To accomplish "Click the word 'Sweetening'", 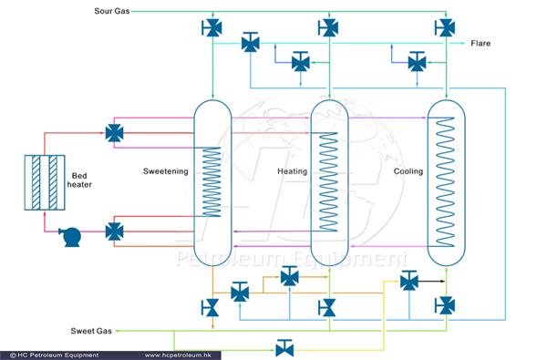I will (x=165, y=170).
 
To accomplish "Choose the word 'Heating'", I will (x=291, y=170).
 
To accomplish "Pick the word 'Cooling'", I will (x=408, y=170).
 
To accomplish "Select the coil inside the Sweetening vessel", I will (x=212, y=182).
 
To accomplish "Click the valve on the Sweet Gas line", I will (x=284, y=346).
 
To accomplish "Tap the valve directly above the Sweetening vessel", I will (x=212, y=27).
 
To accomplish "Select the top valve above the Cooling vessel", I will (x=446, y=27).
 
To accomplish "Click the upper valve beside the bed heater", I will (x=115, y=133).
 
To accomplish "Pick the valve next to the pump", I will (x=115, y=231).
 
